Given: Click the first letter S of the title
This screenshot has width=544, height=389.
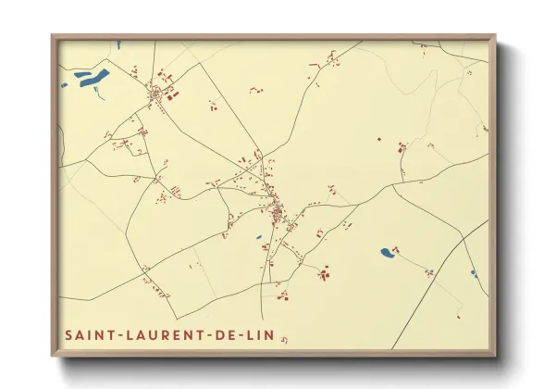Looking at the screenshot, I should [68, 333].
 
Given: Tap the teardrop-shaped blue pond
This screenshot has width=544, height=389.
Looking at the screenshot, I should [385, 252].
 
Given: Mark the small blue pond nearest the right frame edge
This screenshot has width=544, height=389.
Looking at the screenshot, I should [473, 272].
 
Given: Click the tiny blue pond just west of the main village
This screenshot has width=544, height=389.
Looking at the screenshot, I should [259, 237].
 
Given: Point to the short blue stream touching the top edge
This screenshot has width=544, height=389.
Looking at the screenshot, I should [119, 43].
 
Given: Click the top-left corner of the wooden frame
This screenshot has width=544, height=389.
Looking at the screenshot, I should [53, 36].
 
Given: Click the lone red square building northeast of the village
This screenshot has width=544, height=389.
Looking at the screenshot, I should [377, 139].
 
